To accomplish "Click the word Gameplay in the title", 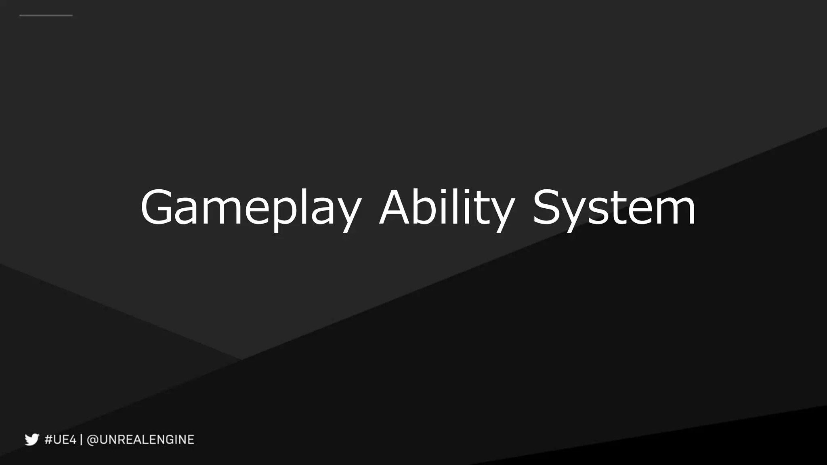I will point(250,208).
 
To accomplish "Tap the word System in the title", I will point(614,208).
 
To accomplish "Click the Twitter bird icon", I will point(31,439).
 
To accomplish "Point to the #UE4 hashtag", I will point(60,439).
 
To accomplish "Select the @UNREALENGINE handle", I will point(141,439).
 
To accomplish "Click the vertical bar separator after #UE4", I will point(81,439).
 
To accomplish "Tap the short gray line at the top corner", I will point(46,15).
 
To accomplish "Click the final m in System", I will point(674,212).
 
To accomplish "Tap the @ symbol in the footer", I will point(93,439).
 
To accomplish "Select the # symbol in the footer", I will point(49,439).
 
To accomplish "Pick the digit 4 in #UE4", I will point(71,439).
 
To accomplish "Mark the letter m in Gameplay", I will point(220,212).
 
